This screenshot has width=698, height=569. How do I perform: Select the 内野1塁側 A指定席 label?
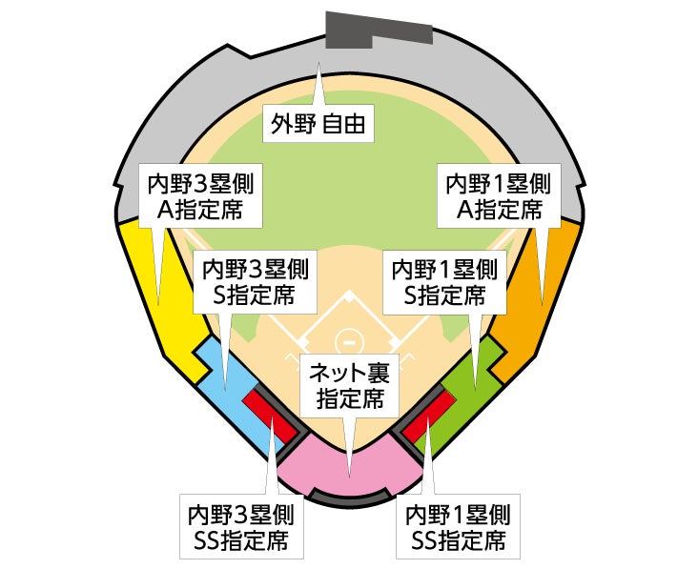(498, 195)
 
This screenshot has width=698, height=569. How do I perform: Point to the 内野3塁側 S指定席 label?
(255, 282)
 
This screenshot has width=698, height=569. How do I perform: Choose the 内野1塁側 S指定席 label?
(444, 282)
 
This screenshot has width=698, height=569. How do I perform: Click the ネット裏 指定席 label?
(350, 386)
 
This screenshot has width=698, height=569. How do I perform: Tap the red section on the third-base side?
(272, 415)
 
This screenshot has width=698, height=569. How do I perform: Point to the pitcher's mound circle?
(349, 339)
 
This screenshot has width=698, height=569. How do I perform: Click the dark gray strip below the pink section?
(350, 498)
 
